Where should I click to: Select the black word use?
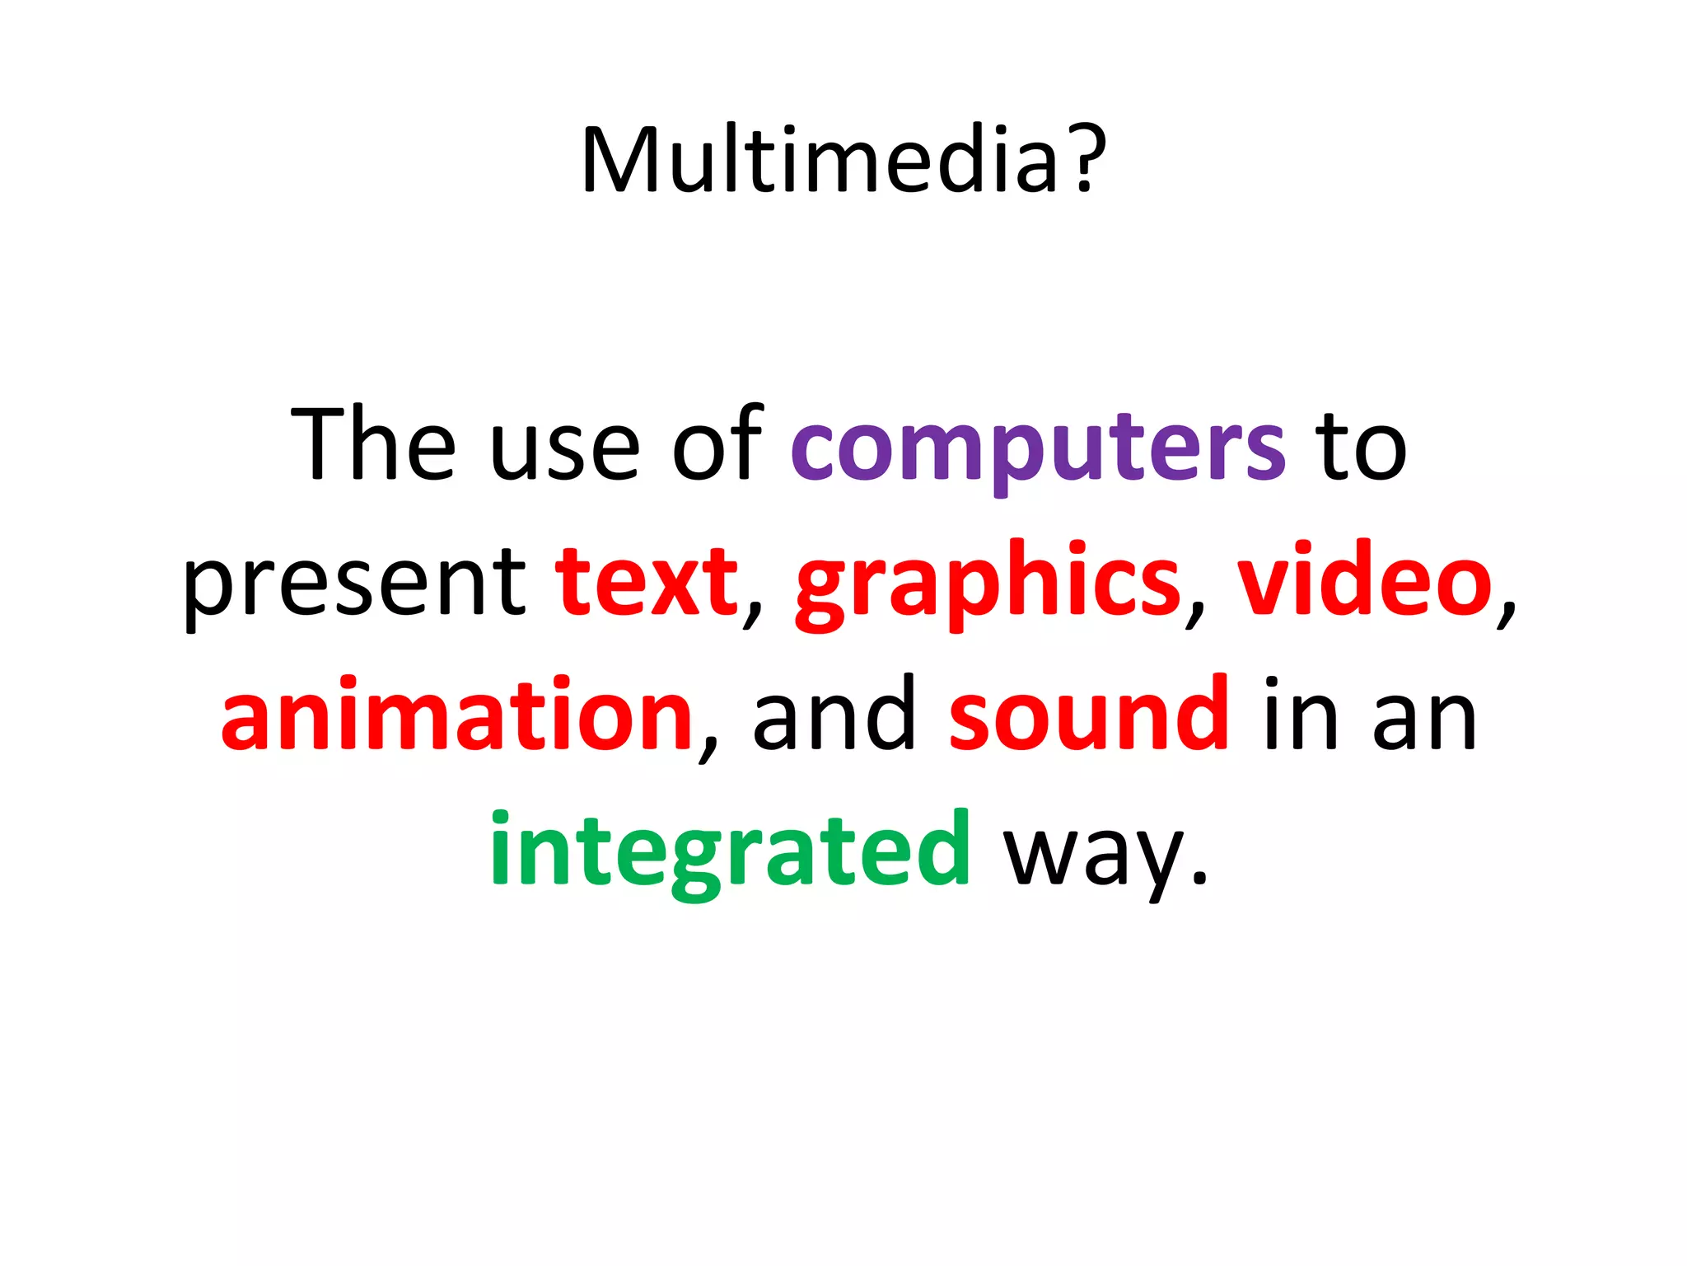[564, 452]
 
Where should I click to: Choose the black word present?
[354, 585]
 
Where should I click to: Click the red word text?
[647, 582]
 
